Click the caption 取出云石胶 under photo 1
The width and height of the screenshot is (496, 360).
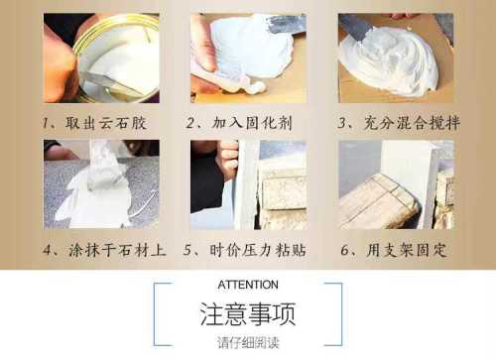click(x=105, y=123)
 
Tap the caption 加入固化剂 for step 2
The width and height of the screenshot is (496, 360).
click(x=252, y=123)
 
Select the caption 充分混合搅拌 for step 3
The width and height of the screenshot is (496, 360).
click(x=412, y=123)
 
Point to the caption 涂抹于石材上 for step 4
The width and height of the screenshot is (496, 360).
click(x=117, y=250)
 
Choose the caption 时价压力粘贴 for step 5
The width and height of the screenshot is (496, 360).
click(x=258, y=250)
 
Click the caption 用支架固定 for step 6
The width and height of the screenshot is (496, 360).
click(x=407, y=250)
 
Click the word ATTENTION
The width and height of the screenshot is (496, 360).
click(x=248, y=285)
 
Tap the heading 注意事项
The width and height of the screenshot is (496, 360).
click(x=248, y=313)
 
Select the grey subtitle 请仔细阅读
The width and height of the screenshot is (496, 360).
click(x=248, y=342)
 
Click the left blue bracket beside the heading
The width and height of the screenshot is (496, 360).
click(x=155, y=314)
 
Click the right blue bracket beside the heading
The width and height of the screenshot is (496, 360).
click(x=341, y=314)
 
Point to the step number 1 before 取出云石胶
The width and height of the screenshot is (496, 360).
click(x=45, y=124)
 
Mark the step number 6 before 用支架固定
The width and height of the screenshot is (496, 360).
click(x=344, y=251)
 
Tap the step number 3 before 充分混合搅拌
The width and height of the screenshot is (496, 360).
click(x=341, y=124)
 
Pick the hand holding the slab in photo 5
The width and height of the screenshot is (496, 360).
click(x=228, y=160)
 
